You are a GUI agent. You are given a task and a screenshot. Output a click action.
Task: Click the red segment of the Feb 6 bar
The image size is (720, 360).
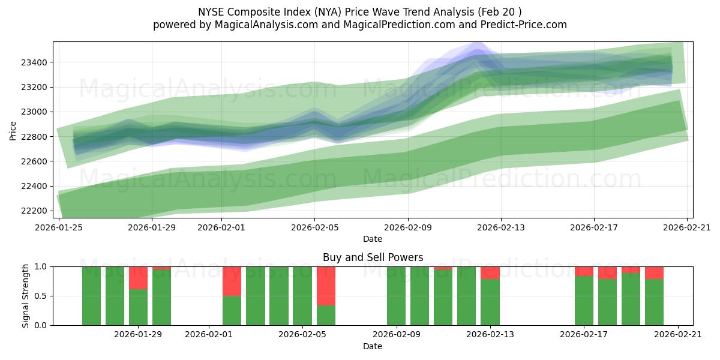(x=326, y=286)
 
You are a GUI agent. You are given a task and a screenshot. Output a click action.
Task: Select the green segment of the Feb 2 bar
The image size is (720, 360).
(x=232, y=310)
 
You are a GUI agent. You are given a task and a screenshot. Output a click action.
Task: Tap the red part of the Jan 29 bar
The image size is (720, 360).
(x=138, y=278)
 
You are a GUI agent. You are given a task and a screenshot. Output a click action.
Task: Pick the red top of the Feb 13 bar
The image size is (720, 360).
(x=490, y=273)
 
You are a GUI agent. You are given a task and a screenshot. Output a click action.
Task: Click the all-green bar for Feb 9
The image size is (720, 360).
(x=396, y=296)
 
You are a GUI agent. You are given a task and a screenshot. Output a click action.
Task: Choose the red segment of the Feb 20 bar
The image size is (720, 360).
(x=654, y=273)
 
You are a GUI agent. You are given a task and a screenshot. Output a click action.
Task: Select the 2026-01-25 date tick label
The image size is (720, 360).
(x=59, y=227)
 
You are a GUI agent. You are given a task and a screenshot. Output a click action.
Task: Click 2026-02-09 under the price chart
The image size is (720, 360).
(x=409, y=227)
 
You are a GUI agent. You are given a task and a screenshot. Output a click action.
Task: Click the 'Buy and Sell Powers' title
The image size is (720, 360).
(x=373, y=257)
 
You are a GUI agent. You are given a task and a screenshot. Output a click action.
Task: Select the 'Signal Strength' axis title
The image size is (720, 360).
(x=25, y=296)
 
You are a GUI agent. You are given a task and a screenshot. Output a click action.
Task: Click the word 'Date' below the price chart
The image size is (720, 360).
(x=373, y=239)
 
